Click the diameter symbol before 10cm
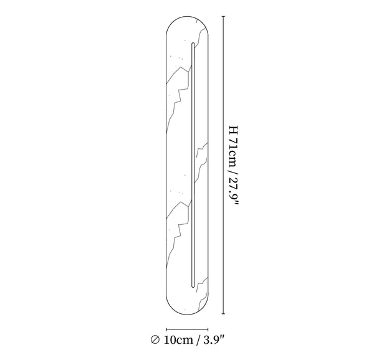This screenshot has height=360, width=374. pos(155,339)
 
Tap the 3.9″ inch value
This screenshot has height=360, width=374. pos(214,339)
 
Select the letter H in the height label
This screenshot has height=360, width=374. pos(233,130)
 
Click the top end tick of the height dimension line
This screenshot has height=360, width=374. pos(224,16)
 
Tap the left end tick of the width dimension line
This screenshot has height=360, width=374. pos(166,329)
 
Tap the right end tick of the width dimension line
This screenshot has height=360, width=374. pos(208,329)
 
